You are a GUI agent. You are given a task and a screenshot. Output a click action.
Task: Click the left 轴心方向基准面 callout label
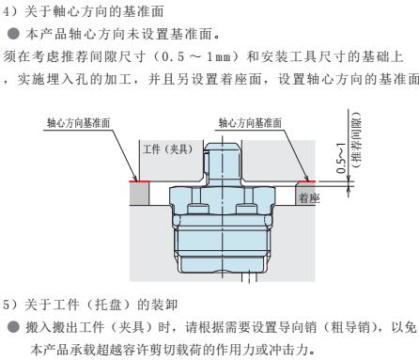coord(78,122)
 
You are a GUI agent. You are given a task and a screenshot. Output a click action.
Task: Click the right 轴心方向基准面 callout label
coord(250,122)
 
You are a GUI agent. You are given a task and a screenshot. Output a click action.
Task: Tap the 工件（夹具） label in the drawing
coord(168,149)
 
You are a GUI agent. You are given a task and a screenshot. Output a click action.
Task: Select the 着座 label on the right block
coord(309,197)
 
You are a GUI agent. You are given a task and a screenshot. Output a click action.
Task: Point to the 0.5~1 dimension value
coord(341,158)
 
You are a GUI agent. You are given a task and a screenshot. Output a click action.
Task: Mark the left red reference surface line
coord(139,181)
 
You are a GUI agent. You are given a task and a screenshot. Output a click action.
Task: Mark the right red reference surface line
coord(306,181)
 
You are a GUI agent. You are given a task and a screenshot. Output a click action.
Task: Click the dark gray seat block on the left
coord(139,194)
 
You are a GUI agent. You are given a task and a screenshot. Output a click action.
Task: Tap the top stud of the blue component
coord(223,164)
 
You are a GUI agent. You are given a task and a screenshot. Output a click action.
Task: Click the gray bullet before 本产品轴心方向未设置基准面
coord(14,34)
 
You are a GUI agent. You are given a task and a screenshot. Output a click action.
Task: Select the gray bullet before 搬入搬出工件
coord(14,327)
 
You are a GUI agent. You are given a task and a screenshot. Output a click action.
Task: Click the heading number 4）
coord(11,11)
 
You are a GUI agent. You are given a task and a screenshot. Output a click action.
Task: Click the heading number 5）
coord(11,305)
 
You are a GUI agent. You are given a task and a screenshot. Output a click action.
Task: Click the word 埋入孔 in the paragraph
coord(69,79)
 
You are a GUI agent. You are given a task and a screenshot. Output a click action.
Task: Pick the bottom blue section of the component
coord(223,264)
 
